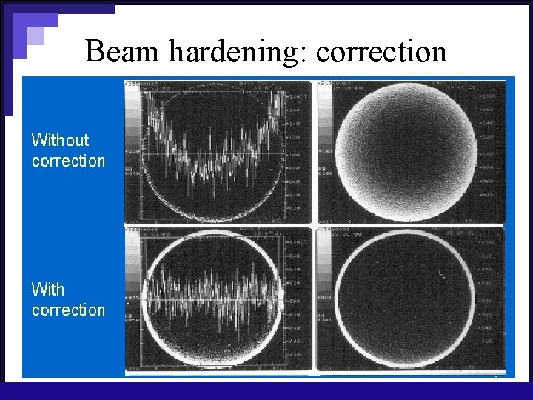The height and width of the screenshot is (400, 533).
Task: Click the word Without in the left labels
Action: click(x=60, y=140)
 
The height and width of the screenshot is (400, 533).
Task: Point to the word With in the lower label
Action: click(x=48, y=289)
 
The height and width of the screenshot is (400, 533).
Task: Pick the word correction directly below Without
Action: click(x=68, y=161)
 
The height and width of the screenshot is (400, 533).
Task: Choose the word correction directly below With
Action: click(x=68, y=310)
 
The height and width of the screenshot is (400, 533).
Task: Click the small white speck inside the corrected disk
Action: click(x=441, y=276)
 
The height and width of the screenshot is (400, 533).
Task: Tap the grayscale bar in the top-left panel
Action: click(x=133, y=122)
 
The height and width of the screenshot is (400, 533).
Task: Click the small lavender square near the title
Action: click(x=35, y=36)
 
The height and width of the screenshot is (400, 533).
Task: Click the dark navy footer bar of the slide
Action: click(x=266, y=390)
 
